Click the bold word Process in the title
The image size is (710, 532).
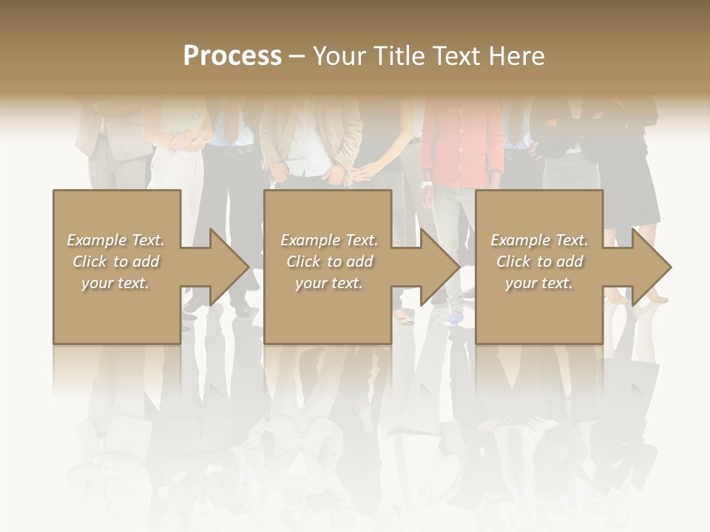tap(232, 56)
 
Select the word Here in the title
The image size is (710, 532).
tap(518, 56)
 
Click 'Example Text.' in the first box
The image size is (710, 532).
tap(116, 240)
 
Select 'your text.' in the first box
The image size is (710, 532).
tap(116, 283)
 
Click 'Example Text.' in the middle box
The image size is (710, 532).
tap(329, 240)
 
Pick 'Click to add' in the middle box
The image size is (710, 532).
tap(329, 262)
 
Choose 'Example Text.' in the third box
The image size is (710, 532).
tap(539, 240)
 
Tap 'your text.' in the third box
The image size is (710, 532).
tap(539, 283)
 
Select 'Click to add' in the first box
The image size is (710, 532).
tap(116, 262)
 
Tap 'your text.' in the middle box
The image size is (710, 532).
tap(329, 283)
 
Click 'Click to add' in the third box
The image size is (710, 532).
tap(539, 262)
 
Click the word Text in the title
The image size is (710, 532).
tap(459, 56)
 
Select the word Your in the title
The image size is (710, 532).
tap(337, 56)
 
